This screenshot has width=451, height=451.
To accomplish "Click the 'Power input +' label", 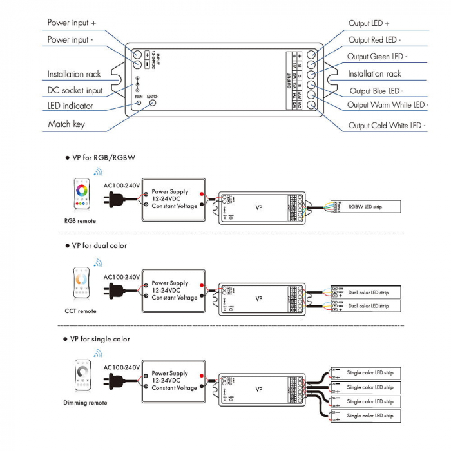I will tap(72, 23).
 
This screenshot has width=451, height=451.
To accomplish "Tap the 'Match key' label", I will tap(66, 124).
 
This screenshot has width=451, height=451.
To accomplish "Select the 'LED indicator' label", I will tap(70, 106).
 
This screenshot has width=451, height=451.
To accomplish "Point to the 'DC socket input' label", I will tap(75, 90).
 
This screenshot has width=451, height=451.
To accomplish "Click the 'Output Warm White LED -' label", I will tap(387, 104).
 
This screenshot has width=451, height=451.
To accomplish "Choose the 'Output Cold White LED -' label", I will tap(387, 126).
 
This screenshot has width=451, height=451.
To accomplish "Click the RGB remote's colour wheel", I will tap(82, 190).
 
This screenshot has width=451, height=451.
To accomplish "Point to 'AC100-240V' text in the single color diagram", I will tap(122, 367).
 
